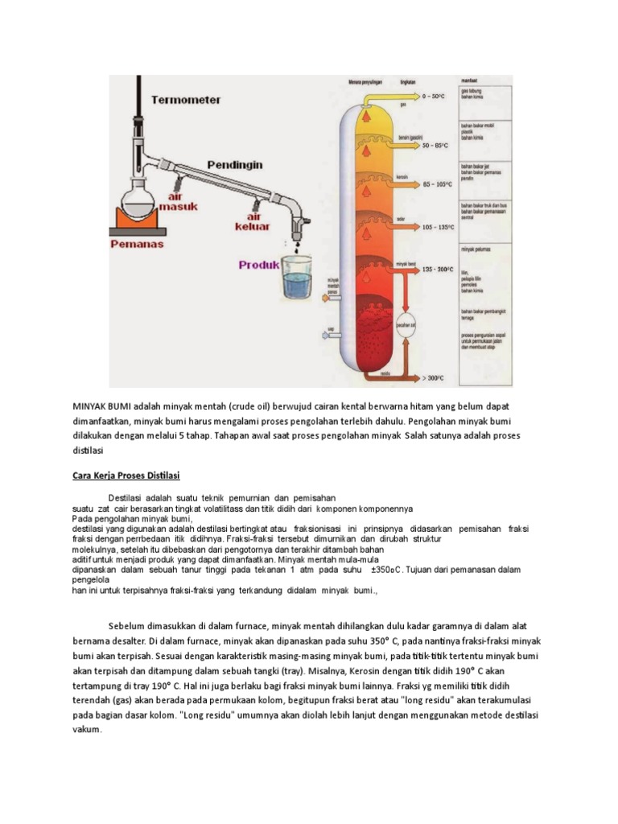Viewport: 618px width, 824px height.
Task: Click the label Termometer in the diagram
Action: [x=186, y=101]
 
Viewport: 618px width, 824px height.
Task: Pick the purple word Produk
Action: [x=258, y=264]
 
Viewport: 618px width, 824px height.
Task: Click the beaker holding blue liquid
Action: [x=301, y=278]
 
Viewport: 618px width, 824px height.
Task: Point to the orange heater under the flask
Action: [x=137, y=218]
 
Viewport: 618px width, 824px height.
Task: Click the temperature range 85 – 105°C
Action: [x=440, y=185]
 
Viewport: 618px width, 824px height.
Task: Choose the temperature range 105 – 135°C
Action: [x=441, y=227]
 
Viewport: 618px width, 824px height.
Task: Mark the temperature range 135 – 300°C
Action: [x=441, y=270]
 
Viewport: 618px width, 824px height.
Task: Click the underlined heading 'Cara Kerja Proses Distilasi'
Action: [x=126, y=476]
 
